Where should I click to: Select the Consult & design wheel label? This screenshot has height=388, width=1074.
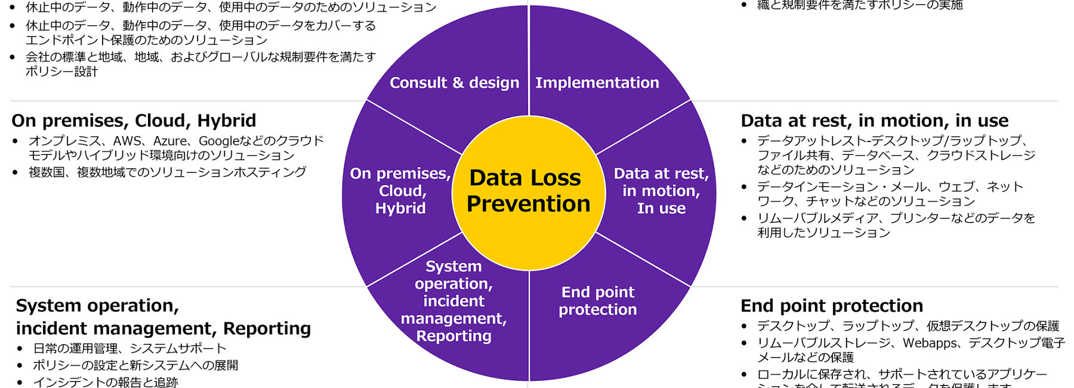click(454, 83)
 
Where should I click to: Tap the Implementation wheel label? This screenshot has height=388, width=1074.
click(597, 83)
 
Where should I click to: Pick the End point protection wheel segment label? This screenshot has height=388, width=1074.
click(597, 301)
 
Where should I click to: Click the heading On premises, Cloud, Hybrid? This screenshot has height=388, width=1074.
click(134, 121)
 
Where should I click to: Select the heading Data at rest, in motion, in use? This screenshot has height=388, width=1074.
click(874, 121)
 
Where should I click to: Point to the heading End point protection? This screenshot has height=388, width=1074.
click(831, 306)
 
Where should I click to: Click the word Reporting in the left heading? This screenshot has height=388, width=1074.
click(267, 329)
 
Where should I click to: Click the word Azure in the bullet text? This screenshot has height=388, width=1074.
click(170, 141)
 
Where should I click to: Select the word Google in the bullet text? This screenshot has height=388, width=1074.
click(218, 141)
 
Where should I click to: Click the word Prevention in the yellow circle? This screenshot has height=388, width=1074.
click(528, 204)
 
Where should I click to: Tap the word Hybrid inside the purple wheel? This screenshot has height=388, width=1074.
click(400, 208)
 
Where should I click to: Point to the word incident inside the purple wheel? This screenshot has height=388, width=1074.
click(453, 301)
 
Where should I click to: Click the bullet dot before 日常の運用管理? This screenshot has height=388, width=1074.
click(20, 349)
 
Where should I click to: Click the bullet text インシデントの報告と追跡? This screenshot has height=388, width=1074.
click(105, 382)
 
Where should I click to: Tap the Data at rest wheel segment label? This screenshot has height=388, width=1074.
click(661, 191)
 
